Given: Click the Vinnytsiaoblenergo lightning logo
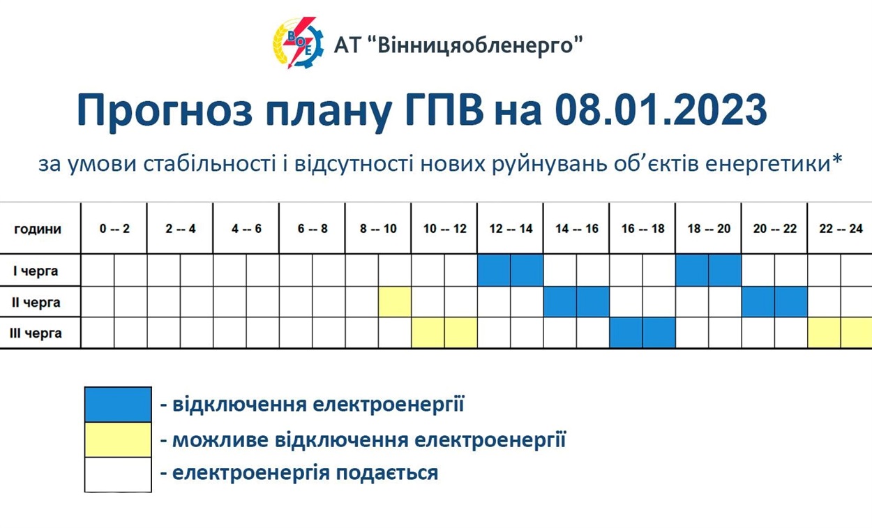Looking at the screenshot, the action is (x=298, y=43).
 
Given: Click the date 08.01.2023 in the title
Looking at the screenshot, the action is (x=661, y=110).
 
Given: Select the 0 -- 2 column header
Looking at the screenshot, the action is (x=114, y=229).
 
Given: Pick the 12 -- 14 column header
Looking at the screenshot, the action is (x=511, y=229).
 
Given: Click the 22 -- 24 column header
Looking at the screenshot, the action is (x=841, y=229).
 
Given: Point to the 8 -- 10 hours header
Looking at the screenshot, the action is (x=378, y=229).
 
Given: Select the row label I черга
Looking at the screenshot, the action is (x=36, y=271).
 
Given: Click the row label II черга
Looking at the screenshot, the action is (x=36, y=302).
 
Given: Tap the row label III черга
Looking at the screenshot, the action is (x=36, y=333).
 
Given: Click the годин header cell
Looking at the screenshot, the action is (x=38, y=229).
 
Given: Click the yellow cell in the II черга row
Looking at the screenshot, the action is (x=395, y=302).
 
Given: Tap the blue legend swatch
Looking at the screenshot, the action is (x=118, y=405).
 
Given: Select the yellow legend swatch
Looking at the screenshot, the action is (x=118, y=439).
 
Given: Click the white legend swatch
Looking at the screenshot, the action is (x=118, y=475).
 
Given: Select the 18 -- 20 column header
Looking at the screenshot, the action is (x=709, y=229).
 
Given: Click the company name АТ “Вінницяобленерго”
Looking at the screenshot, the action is (x=458, y=45).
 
